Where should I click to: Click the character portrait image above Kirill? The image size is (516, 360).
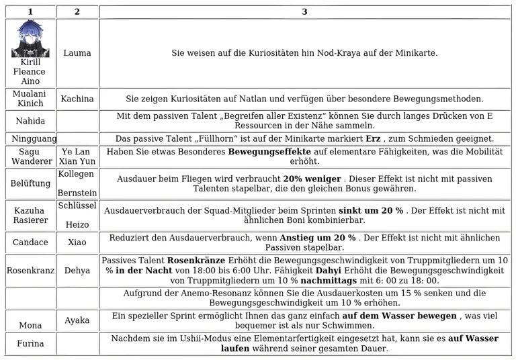tap(30, 39)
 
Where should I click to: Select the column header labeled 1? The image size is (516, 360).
tap(30, 11)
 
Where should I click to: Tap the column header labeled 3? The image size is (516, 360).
tap(304, 11)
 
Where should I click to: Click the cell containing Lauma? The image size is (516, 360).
tap(77, 53)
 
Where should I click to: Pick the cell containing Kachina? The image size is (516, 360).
tap(77, 99)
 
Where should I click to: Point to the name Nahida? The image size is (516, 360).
tap(30, 121)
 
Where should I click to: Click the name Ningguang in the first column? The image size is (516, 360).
tap(30, 139)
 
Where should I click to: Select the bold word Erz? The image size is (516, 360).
tap(374, 139)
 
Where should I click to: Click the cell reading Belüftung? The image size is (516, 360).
tap(30, 183)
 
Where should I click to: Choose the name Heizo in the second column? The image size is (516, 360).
tap(77, 225)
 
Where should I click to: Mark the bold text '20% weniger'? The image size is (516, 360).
tap(312, 179)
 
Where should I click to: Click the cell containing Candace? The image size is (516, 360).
tap(30, 242)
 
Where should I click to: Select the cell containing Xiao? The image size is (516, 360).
tap(77, 242)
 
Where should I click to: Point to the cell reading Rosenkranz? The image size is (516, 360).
tap(30, 271)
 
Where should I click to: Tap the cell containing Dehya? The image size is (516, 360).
tap(77, 271)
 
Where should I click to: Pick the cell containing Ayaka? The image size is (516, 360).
tap(77, 320)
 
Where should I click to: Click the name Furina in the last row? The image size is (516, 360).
tap(30, 344)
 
